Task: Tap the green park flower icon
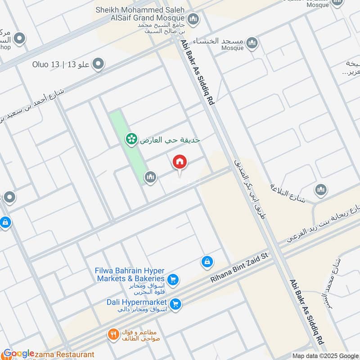(x=131, y=140)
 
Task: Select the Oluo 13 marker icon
(x=97, y=64)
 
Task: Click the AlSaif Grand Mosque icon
(x=193, y=19)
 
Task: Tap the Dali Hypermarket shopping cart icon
(x=176, y=304)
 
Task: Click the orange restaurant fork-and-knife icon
(x=112, y=334)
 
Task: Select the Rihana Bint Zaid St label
(x=239, y=268)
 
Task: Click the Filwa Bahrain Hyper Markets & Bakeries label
(x=130, y=274)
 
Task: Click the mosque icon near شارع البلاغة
(x=321, y=189)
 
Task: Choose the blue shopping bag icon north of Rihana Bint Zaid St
(x=207, y=261)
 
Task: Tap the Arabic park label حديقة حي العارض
(x=170, y=140)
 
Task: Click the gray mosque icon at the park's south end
(x=150, y=177)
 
